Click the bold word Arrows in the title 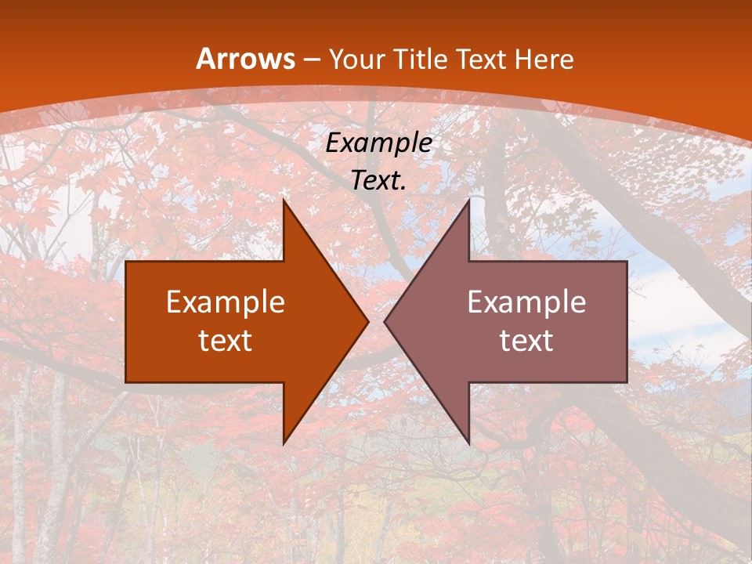245,59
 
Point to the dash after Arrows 311,60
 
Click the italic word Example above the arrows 379,143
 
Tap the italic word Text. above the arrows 379,180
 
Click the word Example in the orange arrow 226,302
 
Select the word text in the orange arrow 226,340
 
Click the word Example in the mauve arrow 526,302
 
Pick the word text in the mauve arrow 526,340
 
